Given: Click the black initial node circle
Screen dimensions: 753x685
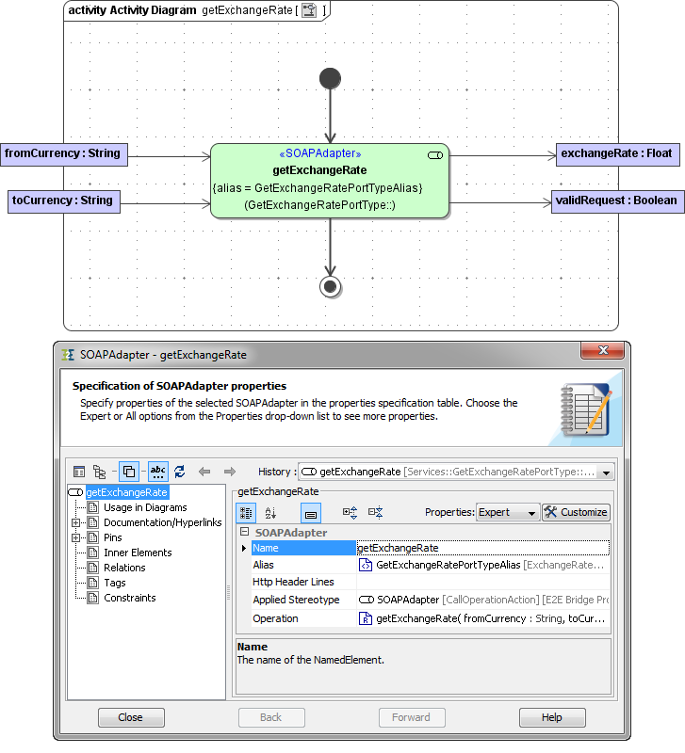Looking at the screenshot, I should click(x=330, y=78).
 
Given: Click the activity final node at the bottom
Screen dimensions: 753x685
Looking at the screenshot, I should click(x=330, y=286).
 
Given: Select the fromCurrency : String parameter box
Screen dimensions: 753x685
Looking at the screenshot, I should click(x=63, y=153).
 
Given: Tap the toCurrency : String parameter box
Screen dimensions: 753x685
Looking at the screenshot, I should click(x=63, y=200).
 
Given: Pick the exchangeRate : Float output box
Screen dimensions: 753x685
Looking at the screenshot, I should click(x=616, y=153).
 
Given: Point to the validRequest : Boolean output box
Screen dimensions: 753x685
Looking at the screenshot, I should click(x=616, y=200).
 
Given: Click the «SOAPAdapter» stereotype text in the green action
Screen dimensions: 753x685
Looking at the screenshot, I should click(x=320, y=153).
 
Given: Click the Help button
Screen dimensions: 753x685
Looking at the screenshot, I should click(x=551, y=717).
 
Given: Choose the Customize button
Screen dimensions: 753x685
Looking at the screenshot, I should click(x=576, y=512).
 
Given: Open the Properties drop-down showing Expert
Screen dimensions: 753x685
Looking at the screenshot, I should click(x=508, y=512).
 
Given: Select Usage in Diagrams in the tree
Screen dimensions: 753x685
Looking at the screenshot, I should click(x=145, y=507).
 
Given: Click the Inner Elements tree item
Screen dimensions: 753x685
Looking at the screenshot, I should click(x=138, y=553).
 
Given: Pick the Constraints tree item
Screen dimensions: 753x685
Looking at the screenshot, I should click(x=130, y=598).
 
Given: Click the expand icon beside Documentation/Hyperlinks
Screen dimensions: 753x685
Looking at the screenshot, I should click(x=75, y=522).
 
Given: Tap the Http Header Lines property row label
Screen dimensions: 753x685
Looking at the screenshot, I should click(x=293, y=583).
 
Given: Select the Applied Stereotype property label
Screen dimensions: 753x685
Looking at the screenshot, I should click(x=296, y=600).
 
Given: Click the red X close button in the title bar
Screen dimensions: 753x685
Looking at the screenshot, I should click(x=602, y=353).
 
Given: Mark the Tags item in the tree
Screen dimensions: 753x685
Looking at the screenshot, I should click(x=115, y=583).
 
